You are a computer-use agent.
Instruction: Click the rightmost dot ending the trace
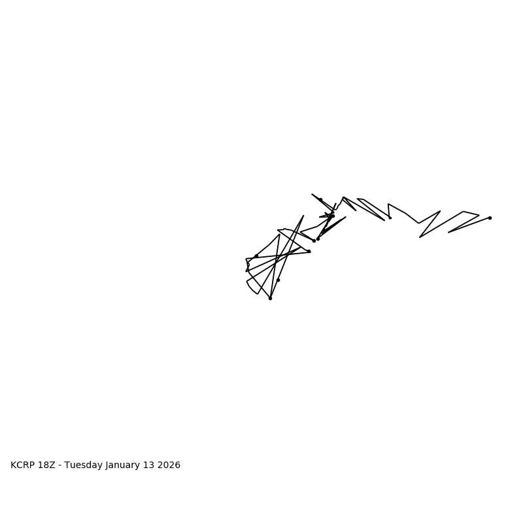[x=490, y=218]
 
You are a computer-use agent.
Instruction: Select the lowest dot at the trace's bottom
[x=270, y=298]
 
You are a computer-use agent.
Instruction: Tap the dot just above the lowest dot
[x=278, y=280]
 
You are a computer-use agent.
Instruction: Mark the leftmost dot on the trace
[x=248, y=265]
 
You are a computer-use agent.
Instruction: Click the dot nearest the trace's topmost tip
[x=320, y=199]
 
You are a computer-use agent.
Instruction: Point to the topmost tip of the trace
[x=312, y=194]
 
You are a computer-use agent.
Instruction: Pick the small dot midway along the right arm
[x=390, y=218]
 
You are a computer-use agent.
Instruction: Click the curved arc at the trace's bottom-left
[x=250, y=288]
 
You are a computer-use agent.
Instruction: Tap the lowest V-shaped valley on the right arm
[x=420, y=237]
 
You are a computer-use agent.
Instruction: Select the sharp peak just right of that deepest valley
[x=440, y=211]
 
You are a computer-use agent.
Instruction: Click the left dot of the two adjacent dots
[x=314, y=241]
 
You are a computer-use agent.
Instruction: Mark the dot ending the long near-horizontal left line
[x=309, y=251]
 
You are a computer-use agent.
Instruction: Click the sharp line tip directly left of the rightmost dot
[x=448, y=232]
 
